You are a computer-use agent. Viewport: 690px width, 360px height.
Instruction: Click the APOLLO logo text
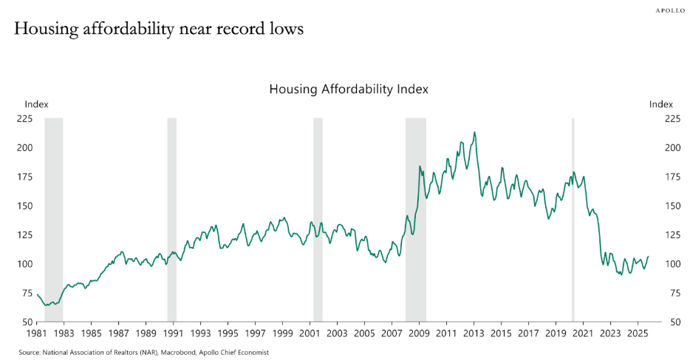click(669, 10)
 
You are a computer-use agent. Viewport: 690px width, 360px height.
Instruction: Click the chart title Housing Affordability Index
click(349, 89)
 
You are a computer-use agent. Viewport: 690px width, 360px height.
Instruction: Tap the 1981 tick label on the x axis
click(37, 334)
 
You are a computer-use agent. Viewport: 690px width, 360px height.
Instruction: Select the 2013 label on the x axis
click(474, 334)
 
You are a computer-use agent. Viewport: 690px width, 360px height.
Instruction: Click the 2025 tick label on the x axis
click(637, 334)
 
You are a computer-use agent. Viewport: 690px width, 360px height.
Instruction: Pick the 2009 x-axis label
click(419, 334)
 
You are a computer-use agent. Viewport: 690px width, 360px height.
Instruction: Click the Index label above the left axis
click(36, 104)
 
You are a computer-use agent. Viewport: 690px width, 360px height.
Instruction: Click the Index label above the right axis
click(661, 104)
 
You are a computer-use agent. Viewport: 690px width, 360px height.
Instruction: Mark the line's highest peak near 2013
click(474, 132)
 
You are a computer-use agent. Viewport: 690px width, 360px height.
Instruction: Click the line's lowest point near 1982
click(47, 305)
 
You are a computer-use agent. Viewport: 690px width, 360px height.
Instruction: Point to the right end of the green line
click(648, 257)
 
